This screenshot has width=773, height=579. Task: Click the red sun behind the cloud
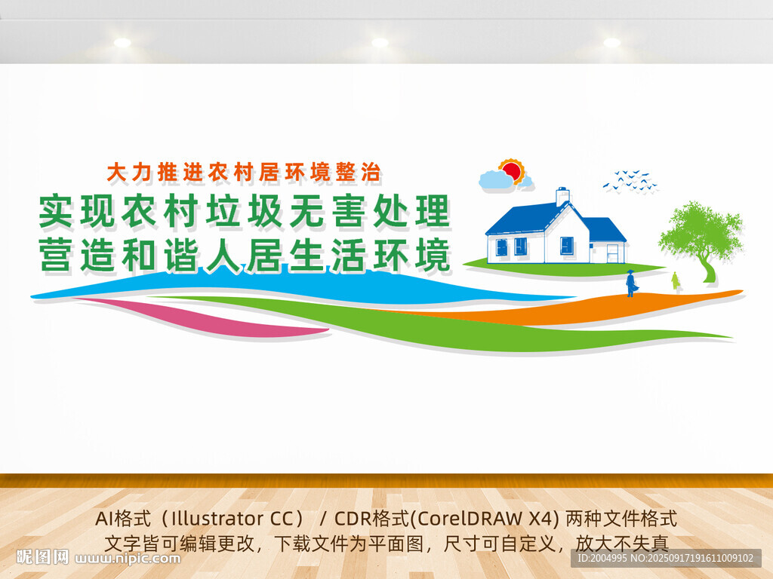513,171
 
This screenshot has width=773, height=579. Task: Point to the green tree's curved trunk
707,268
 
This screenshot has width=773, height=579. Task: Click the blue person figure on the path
630,283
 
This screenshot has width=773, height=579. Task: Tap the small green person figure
675,280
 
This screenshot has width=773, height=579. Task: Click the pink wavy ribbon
207,318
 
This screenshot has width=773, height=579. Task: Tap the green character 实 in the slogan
57,211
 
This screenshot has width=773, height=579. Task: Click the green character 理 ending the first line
433,211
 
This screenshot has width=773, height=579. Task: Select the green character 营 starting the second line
57,255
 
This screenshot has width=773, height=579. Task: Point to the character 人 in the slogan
223,255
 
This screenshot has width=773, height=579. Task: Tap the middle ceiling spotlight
380,43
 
